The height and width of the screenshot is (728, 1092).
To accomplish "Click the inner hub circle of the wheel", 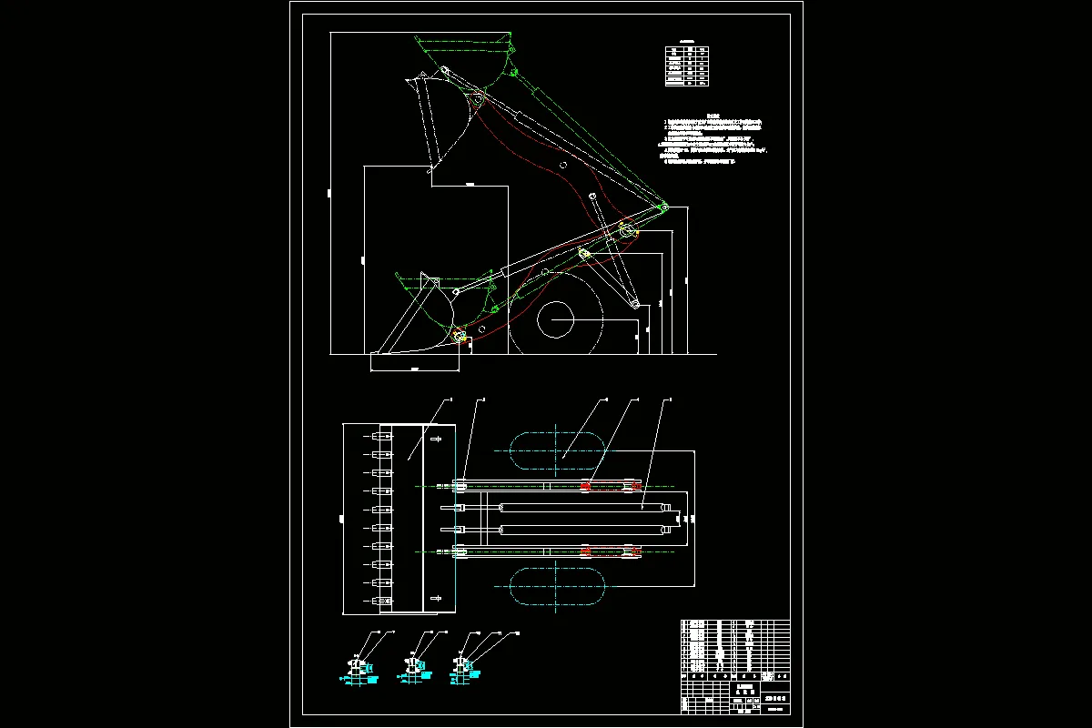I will tap(554, 320).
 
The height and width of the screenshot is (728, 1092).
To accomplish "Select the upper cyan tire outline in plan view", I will tap(556, 452).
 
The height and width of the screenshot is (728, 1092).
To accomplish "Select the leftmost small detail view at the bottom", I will tap(359, 668).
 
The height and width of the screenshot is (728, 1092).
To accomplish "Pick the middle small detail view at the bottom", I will tap(413, 668).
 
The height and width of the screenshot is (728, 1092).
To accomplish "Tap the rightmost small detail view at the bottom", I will tap(464, 667).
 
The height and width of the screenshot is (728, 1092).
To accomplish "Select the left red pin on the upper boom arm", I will tap(585, 487).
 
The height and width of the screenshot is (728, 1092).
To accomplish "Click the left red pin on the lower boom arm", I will tap(585, 551).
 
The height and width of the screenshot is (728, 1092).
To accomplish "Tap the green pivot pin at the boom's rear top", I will tap(664, 208).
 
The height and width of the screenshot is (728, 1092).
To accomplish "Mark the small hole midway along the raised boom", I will tap(564, 166).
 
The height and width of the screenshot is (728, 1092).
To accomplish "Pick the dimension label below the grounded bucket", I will tap(415, 369).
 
